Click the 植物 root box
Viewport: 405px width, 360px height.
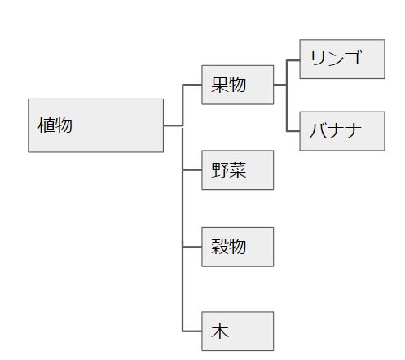[95, 125]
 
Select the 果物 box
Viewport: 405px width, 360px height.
[237, 85]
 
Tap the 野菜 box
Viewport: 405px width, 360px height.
[237, 169]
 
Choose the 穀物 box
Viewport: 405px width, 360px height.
[237, 247]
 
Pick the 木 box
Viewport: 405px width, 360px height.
[237, 331]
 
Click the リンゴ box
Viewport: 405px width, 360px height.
[342, 59]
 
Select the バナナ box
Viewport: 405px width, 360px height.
[342, 131]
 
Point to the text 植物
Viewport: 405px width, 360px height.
[55, 125]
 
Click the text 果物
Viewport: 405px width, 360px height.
[229, 85]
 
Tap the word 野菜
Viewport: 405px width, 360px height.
[229, 170]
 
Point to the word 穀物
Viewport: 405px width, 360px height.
[229, 247]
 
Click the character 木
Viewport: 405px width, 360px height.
[220, 331]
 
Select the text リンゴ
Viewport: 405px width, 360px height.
[336, 58]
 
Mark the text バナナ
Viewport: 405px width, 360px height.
[336, 130]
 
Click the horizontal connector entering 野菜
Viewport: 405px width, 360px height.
[192, 170]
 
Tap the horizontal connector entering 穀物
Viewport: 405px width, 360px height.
[192, 247]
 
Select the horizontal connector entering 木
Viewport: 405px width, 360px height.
[192, 331]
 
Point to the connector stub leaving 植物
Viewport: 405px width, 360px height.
[173, 125]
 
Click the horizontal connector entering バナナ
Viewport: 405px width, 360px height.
[293, 131]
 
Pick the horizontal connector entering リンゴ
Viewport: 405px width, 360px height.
[293, 60]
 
